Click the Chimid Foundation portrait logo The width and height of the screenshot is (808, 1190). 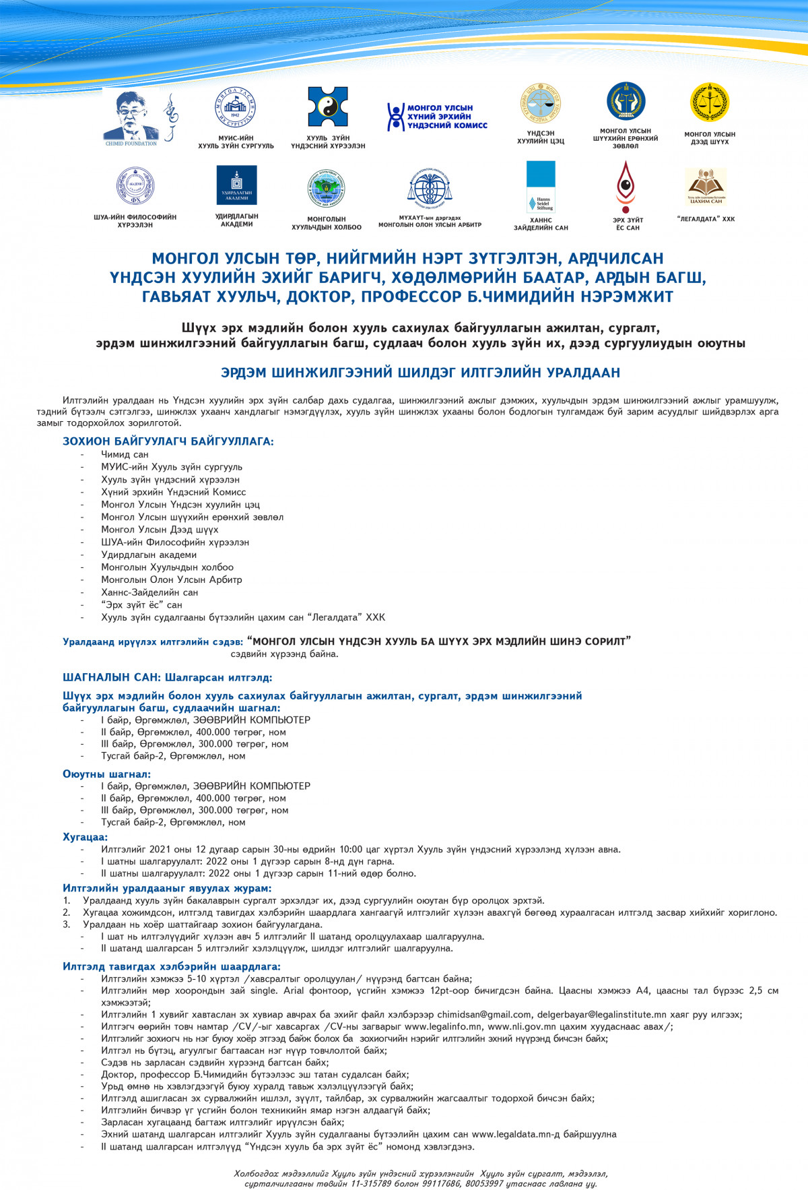click(x=131, y=116)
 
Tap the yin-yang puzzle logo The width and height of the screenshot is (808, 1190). click(x=328, y=106)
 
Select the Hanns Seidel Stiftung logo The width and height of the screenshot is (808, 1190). click(x=541, y=186)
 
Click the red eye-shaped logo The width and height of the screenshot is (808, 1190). click(x=626, y=186)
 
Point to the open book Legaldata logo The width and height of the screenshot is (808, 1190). click(x=706, y=186)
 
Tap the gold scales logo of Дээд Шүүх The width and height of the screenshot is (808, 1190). click(x=709, y=103)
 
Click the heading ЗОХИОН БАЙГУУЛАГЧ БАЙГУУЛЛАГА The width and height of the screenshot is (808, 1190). click(x=168, y=441)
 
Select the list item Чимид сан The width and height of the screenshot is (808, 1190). click(x=125, y=455)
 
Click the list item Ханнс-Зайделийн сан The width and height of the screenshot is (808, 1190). click(x=149, y=592)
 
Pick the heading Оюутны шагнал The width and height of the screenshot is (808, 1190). click(x=106, y=774)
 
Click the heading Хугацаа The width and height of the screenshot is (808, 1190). click(x=85, y=837)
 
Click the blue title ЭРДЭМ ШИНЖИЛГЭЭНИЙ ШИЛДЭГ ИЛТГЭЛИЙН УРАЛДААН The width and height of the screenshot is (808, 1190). click(x=420, y=373)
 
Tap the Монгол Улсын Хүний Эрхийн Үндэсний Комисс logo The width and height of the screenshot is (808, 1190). click(x=437, y=117)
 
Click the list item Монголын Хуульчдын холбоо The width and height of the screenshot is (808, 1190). click(x=167, y=567)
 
